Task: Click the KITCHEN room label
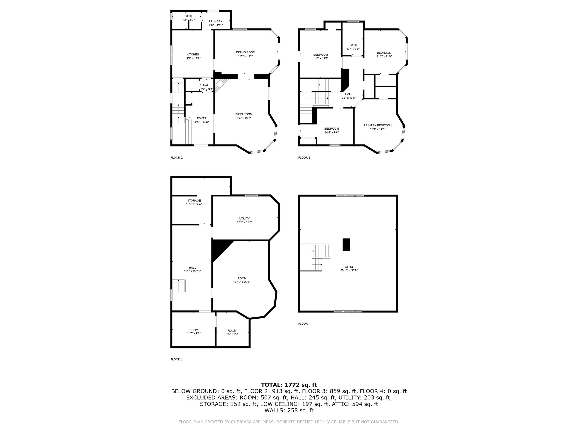(193, 54)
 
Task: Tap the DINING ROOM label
(246, 52)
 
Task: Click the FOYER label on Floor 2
(202, 118)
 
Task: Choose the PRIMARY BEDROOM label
(378, 125)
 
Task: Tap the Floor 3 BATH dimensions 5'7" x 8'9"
(353, 49)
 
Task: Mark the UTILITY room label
(245, 219)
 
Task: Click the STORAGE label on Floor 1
(194, 201)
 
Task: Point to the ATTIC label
(349, 267)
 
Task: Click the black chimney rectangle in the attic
(346, 245)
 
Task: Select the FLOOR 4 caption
(304, 324)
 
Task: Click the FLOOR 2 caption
(177, 157)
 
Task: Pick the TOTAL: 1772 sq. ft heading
(289, 385)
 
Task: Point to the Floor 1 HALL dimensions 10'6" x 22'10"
(193, 271)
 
